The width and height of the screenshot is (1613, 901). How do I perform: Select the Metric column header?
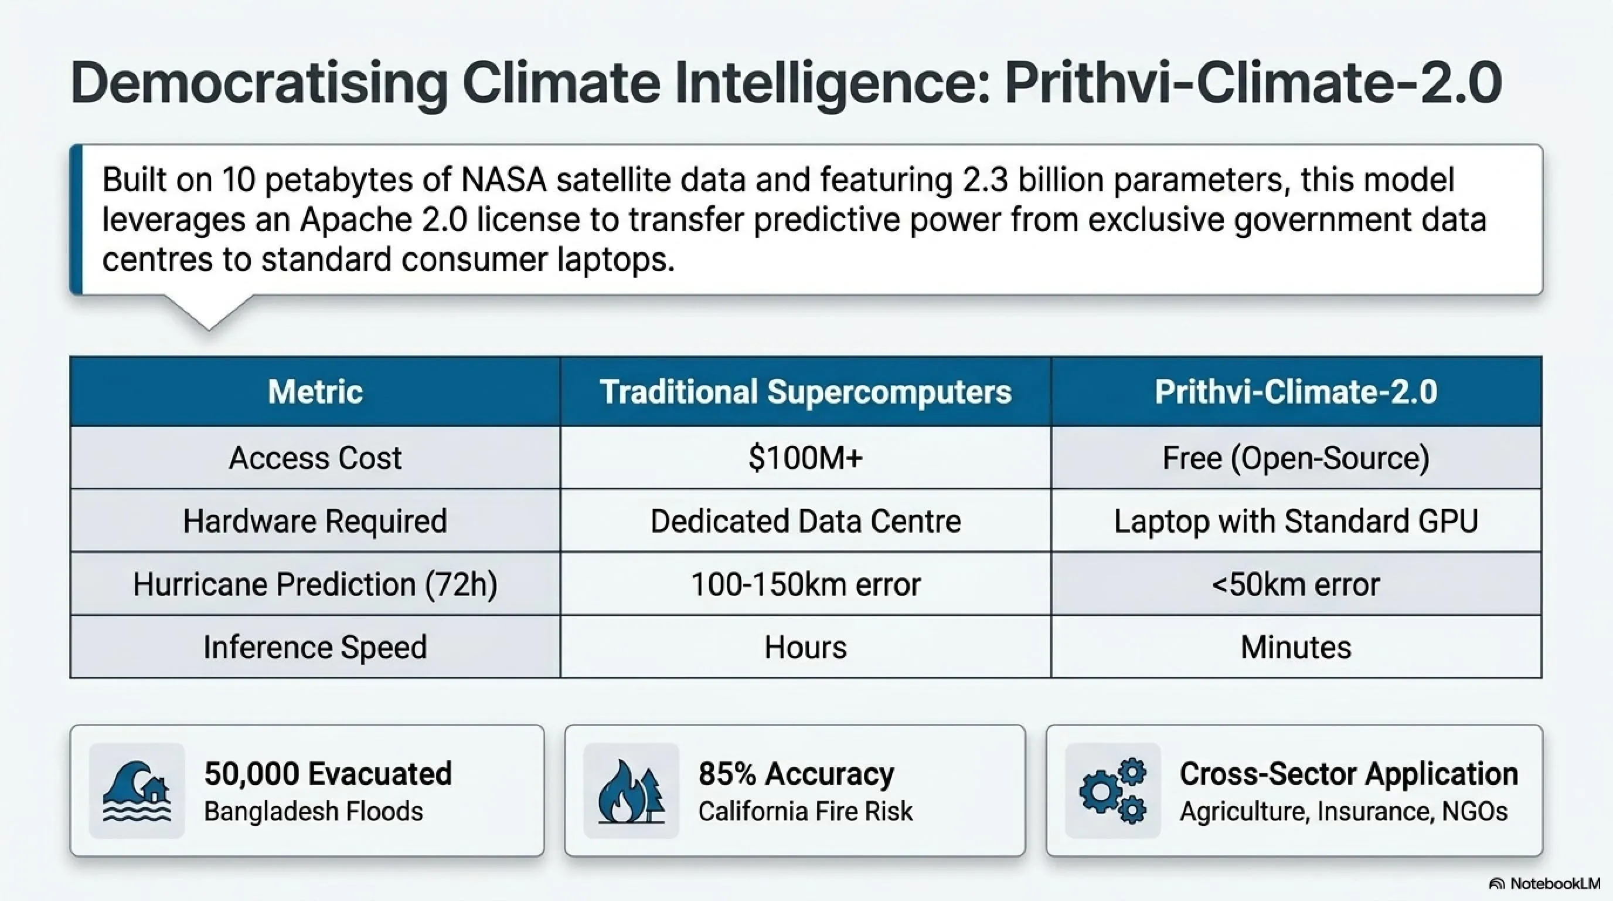tap(315, 392)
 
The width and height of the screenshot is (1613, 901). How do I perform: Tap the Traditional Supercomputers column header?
tap(806, 392)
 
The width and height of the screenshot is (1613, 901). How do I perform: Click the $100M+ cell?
tap(806, 458)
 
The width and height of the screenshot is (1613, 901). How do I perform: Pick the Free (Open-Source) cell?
tap(1296, 458)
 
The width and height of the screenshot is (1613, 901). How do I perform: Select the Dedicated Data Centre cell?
tap(806, 521)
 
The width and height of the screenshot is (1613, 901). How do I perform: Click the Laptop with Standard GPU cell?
tap(1296, 521)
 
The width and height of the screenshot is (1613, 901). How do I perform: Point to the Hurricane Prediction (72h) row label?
tap(315, 584)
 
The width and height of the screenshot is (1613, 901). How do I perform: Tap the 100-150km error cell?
tap(806, 584)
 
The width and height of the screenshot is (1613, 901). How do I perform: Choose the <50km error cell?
tap(1296, 584)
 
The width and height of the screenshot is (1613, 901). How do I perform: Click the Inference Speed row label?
tap(315, 646)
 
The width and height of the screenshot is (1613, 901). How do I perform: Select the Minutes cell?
tap(1296, 646)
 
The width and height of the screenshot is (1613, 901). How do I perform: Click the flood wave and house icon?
tap(137, 791)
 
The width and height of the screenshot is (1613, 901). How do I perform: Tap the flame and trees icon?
tap(631, 791)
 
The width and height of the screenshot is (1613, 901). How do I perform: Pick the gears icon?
tap(1112, 791)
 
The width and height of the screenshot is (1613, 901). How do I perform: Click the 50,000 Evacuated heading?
tap(328, 774)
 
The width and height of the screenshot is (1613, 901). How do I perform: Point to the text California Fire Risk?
tap(806, 811)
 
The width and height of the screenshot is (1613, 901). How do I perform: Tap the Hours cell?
tap(806, 646)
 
